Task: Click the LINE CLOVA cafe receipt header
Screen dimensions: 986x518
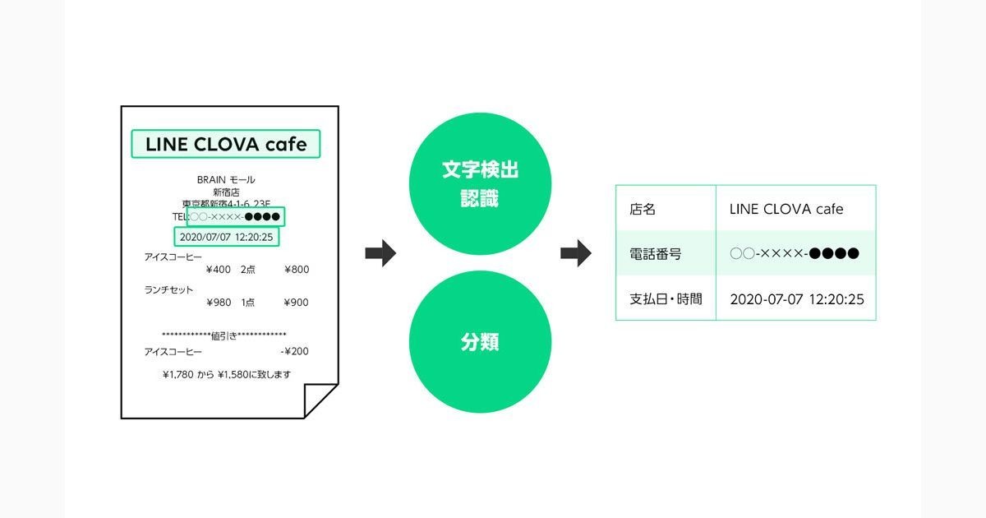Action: click(x=226, y=144)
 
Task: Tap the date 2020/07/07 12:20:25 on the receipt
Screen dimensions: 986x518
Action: click(x=226, y=237)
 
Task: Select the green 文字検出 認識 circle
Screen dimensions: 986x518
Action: click(x=480, y=183)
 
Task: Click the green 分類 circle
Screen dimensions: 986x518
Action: click(x=480, y=342)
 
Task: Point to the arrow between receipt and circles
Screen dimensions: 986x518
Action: click(x=380, y=253)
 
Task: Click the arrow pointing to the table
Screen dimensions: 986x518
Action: click(x=576, y=253)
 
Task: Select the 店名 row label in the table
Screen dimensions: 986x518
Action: click(x=643, y=209)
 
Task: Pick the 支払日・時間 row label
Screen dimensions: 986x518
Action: click(x=666, y=299)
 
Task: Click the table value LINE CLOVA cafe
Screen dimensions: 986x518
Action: click(x=786, y=209)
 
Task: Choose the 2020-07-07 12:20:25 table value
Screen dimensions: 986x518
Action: click(x=797, y=299)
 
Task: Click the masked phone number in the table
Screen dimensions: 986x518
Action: click(x=795, y=254)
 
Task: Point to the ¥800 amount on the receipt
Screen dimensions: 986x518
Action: click(x=297, y=270)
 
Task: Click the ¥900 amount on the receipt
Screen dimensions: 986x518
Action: click(x=297, y=303)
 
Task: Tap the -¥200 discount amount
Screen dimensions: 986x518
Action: click(x=294, y=352)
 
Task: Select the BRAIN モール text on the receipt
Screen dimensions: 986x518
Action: click(x=226, y=180)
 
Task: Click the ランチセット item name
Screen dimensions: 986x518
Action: click(x=168, y=289)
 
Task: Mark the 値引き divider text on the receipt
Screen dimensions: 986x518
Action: click(x=224, y=336)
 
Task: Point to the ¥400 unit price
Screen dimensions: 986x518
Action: click(x=219, y=270)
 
